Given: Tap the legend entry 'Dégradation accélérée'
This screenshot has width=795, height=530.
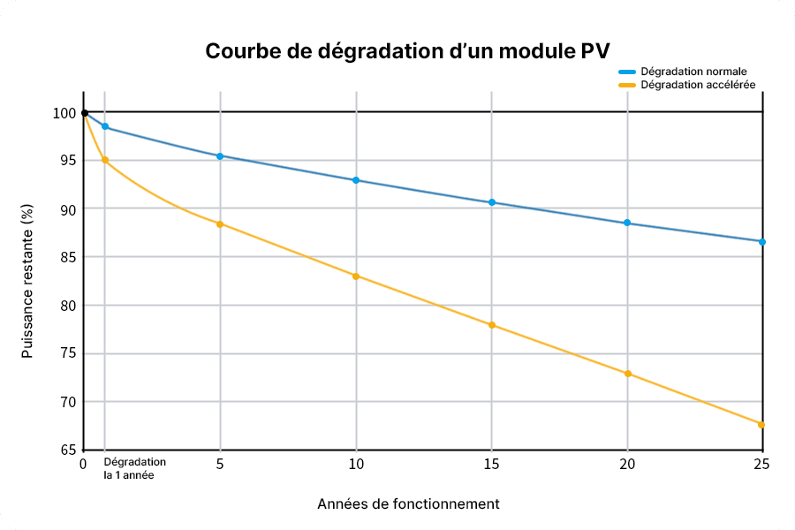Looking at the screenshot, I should [688, 85].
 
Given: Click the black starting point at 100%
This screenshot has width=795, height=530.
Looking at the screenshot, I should [84, 113].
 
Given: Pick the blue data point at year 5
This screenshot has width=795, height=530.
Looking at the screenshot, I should [219, 155].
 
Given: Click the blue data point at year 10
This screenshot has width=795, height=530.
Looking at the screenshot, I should [356, 180].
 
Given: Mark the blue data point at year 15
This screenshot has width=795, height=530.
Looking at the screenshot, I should [492, 202].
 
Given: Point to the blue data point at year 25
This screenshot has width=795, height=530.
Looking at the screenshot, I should [762, 241].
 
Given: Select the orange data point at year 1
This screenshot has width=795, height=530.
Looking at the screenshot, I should [105, 160].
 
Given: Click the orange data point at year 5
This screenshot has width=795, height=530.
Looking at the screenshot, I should [219, 223].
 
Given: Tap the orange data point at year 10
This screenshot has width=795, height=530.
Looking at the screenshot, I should [356, 276].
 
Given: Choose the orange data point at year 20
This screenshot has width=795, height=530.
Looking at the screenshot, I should [628, 374].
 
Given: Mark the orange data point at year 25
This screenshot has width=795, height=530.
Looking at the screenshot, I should [761, 424].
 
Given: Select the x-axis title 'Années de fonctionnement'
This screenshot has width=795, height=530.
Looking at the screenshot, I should [408, 503].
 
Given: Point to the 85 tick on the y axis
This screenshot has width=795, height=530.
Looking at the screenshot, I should [67, 257].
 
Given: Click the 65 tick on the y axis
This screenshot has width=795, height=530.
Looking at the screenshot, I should [67, 450].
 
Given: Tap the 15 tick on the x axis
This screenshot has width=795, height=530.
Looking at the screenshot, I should [492, 464].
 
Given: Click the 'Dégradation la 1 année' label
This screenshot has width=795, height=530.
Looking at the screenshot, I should [134, 468].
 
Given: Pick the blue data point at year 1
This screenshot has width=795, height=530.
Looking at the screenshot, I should [105, 126].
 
